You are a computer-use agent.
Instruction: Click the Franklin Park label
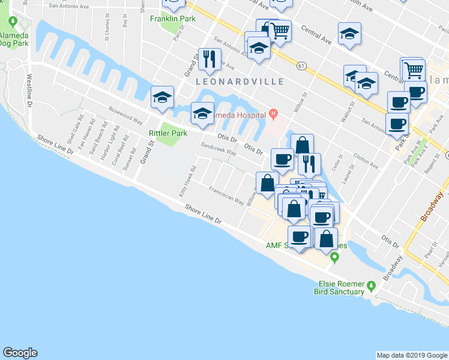[173, 19]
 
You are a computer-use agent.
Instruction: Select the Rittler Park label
[168, 133]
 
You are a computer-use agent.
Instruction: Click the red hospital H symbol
[274, 113]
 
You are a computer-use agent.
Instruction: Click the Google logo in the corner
[20, 353]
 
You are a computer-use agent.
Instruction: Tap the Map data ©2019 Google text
[412, 355]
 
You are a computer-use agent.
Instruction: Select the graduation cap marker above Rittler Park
[162, 97]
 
